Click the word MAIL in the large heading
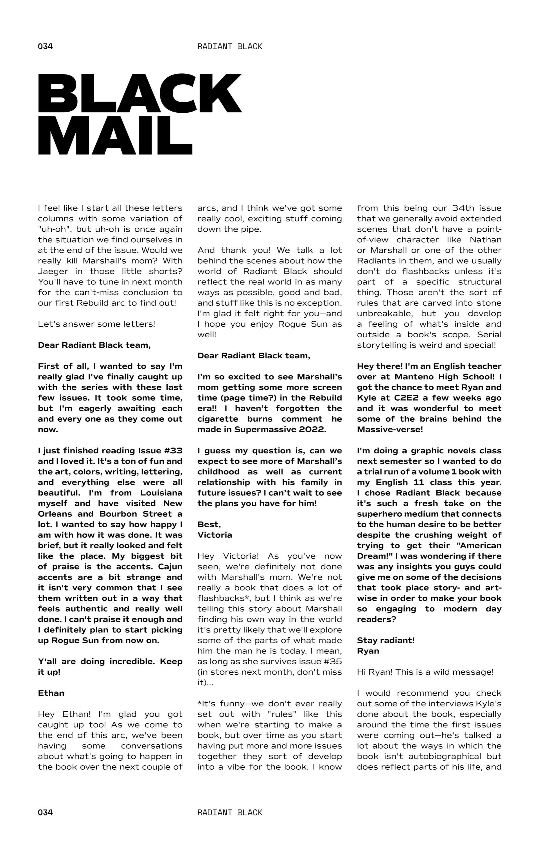click(115, 135)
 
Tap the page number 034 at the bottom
click(45, 812)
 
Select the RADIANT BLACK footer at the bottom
click(230, 812)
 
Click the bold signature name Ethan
click(51, 693)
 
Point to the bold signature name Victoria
click(215, 535)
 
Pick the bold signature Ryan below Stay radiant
click(368, 650)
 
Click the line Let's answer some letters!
click(96, 324)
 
